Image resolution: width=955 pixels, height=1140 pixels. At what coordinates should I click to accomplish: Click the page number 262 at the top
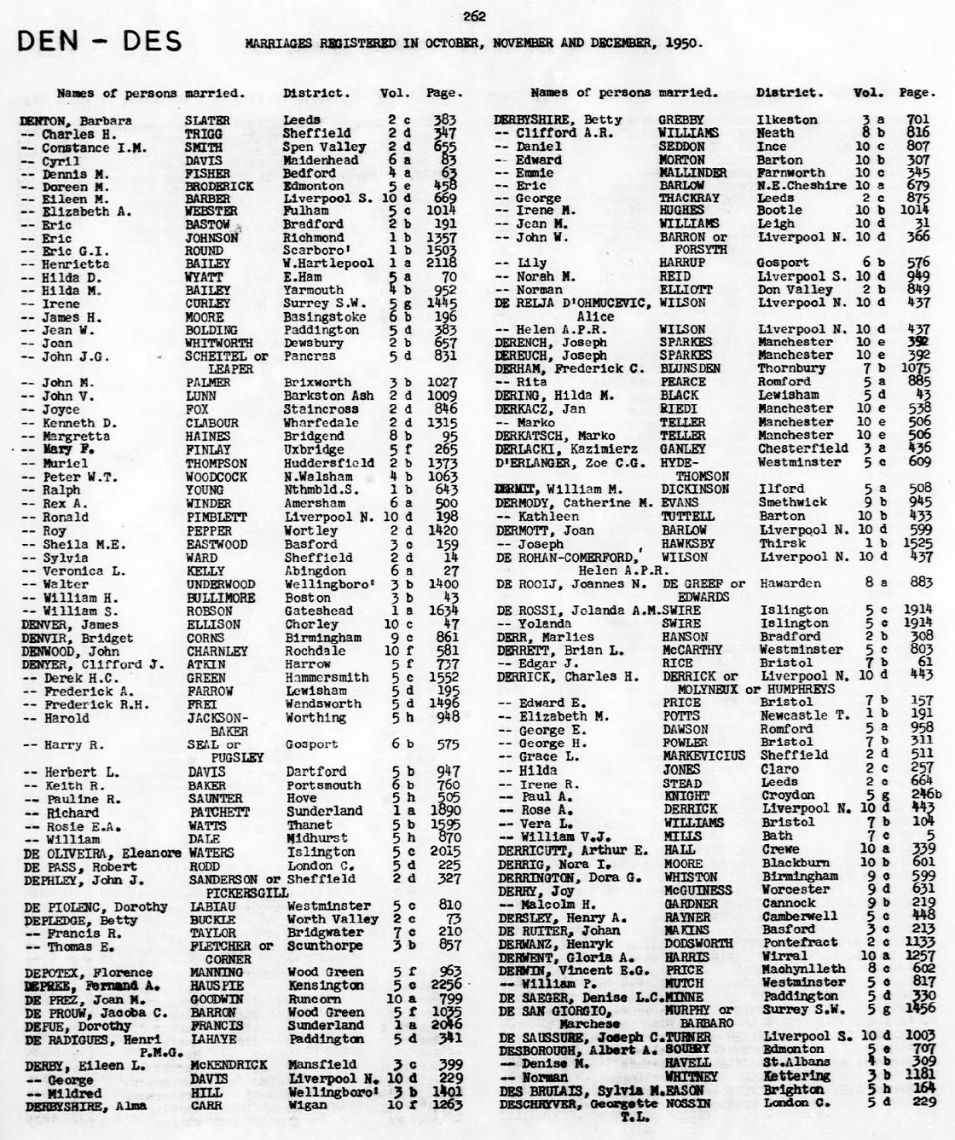(474, 13)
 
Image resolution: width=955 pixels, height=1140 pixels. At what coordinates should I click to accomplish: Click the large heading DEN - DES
(99, 41)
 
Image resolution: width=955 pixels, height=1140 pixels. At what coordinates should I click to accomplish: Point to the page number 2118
(439, 263)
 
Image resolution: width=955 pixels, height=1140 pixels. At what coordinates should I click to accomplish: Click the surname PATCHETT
(216, 812)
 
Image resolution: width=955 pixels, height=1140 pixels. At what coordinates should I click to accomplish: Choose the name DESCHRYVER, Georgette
(577, 1103)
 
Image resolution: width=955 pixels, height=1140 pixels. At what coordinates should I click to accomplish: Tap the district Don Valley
(795, 290)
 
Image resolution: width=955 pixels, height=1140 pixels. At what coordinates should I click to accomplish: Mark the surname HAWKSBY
(689, 543)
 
